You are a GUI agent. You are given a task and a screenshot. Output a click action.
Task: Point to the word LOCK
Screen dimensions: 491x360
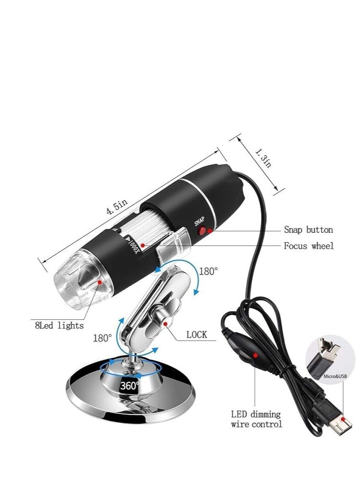pyautogui.click(x=197, y=335)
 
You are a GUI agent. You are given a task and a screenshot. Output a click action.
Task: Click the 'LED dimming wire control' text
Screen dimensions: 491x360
pyautogui.click(x=257, y=419)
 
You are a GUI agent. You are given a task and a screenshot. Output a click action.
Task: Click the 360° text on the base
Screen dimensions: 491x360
pyautogui.click(x=130, y=385)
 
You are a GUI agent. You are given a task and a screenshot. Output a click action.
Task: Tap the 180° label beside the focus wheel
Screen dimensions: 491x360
pyautogui.click(x=208, y=271)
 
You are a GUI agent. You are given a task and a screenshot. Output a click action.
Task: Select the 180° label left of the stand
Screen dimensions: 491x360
pyautogui.click(x=103, y=338)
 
